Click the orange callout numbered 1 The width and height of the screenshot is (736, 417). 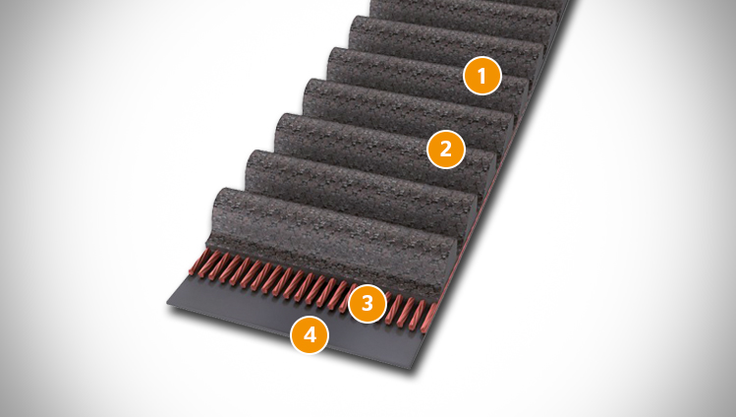coord(482,76)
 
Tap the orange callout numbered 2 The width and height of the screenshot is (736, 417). coord(445,149)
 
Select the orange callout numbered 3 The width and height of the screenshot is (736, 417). coord(368,303)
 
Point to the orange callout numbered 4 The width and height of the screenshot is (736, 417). coord(310,334)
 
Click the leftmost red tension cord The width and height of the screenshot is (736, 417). coord(198,262)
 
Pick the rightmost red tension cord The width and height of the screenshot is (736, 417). coord(428,319)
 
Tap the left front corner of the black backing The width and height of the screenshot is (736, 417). coord(168,305)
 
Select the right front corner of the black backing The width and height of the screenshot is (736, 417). coord(413,367)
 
